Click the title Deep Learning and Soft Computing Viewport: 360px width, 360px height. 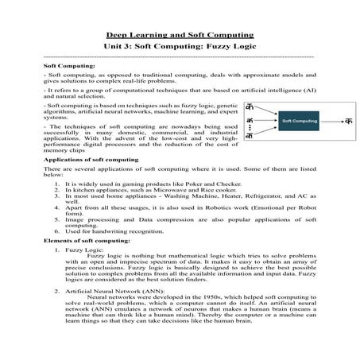click(x=180, y=36)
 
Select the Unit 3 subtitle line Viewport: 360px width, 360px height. click(x=180, y=48)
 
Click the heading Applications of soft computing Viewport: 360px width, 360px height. click(x=80, y=160)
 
